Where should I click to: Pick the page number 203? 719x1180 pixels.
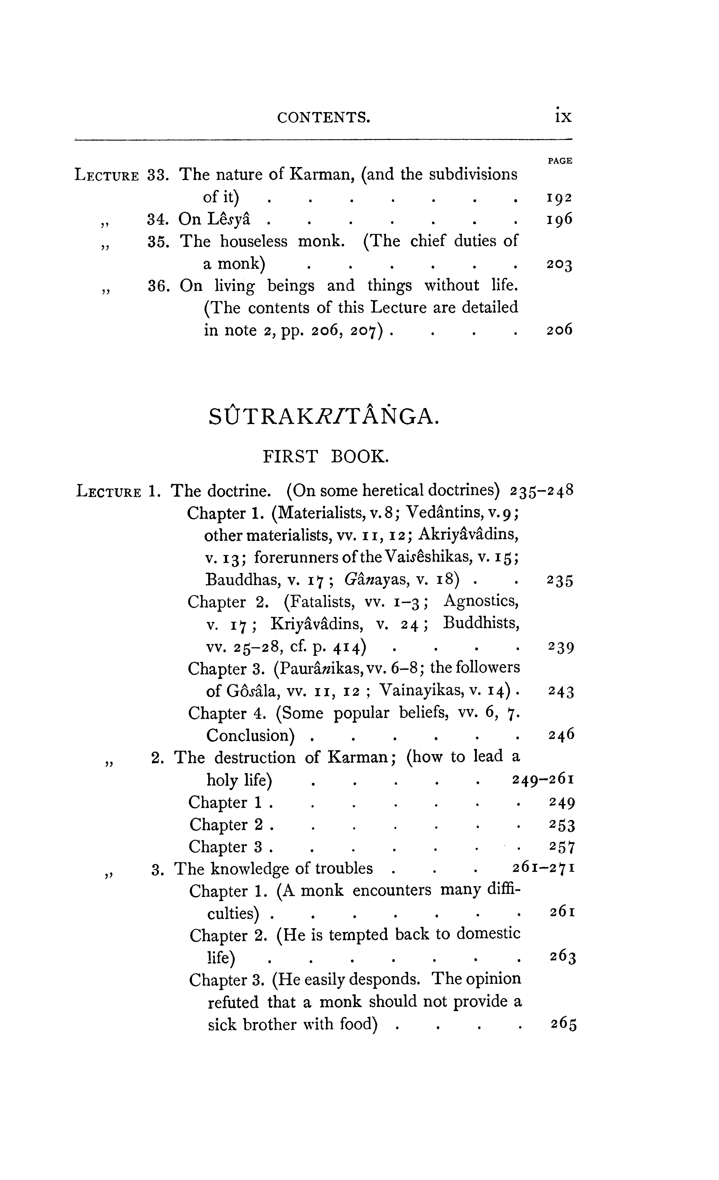tap(559, 264)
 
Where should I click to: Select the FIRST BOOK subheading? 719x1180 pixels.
tap(326, 456)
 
